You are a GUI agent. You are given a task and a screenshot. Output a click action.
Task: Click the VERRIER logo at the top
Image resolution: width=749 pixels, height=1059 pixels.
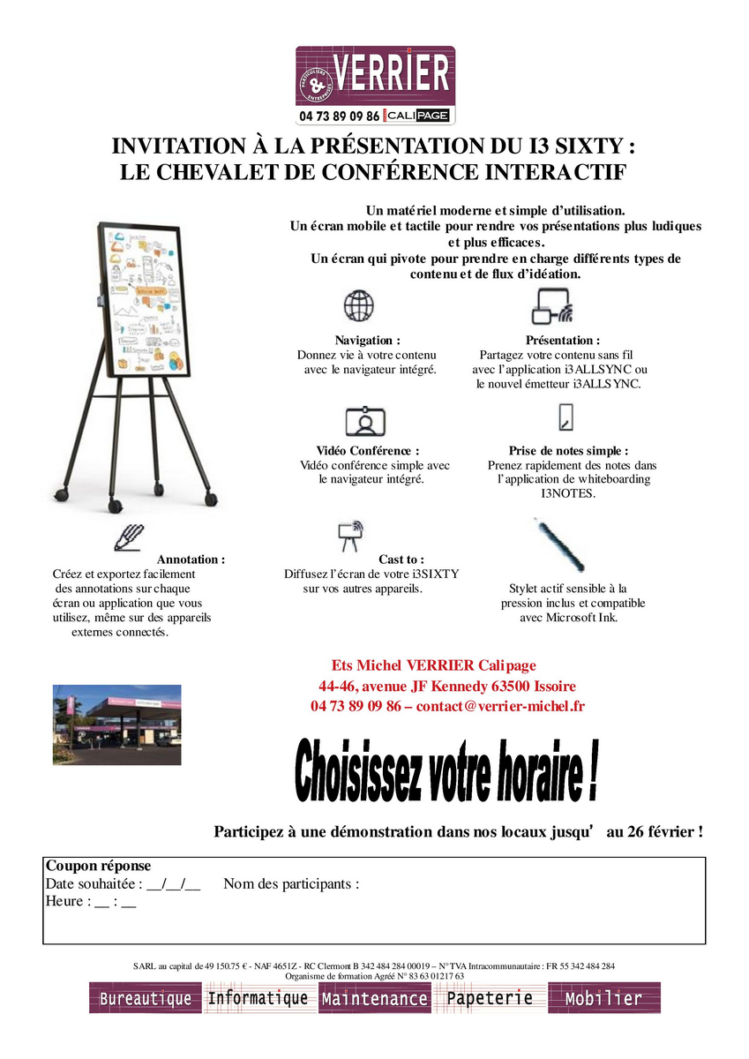[374, 85]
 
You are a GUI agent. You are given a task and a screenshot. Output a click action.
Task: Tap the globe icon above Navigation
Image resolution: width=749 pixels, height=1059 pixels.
[358, 306]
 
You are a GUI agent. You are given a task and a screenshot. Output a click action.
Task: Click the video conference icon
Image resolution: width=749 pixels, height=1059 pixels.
[364, 421]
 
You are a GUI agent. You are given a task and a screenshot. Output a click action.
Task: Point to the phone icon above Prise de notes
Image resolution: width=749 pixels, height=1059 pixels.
[566, 417]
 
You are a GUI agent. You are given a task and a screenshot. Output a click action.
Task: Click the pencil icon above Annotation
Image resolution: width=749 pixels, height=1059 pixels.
[128, 537]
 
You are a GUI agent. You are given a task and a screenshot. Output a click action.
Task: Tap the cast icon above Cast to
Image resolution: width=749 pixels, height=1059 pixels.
[350, 534]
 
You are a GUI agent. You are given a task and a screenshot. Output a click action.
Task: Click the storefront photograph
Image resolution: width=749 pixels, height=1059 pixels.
[117, 724]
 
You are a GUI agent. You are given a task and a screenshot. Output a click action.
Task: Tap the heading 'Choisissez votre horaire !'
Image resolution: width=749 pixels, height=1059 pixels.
[446, 773]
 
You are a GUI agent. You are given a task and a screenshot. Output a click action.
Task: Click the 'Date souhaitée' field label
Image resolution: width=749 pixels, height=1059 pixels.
[93, 884]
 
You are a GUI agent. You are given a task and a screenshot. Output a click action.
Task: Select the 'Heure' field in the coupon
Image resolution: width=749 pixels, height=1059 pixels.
[91, 901]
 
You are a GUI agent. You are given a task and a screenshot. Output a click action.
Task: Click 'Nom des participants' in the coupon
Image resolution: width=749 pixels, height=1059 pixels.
[291, 884]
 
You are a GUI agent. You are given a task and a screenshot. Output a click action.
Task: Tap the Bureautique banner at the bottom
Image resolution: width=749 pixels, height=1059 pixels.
[145, 999]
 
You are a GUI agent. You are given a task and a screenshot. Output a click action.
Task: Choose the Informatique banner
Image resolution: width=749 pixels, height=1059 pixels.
[258, 998]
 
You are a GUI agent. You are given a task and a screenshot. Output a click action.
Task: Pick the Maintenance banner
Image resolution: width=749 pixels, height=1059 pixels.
[374, 999]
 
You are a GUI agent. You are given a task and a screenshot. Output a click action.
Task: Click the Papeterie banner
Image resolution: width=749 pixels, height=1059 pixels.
[490, 998]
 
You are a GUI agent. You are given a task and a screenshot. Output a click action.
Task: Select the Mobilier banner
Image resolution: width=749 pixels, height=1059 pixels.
[603, 998]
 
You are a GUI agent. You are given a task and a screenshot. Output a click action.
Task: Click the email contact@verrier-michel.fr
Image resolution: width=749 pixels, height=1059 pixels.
[500, 706]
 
